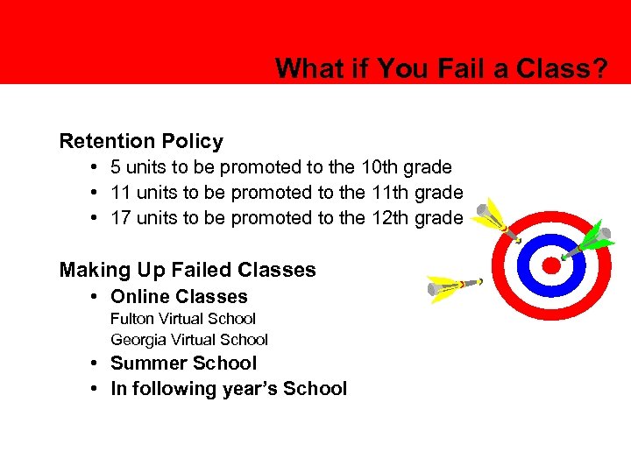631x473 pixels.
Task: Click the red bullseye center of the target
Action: point(550,265)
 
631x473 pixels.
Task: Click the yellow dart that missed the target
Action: point(455,286)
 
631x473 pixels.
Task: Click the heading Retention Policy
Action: point(141,141)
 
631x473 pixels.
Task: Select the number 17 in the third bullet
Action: point(120,217)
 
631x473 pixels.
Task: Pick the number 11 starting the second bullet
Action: point(120,192)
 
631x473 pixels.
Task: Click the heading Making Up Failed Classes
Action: point(188,270)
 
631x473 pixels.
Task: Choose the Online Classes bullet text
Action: point(179,297)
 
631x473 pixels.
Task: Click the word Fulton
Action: point(131,319)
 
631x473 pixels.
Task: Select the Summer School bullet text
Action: point(183,364)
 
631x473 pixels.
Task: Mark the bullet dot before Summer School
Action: point(92,364)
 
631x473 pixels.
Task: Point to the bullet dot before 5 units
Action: point(92,166)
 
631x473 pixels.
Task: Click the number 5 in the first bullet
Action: point(116,166)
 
